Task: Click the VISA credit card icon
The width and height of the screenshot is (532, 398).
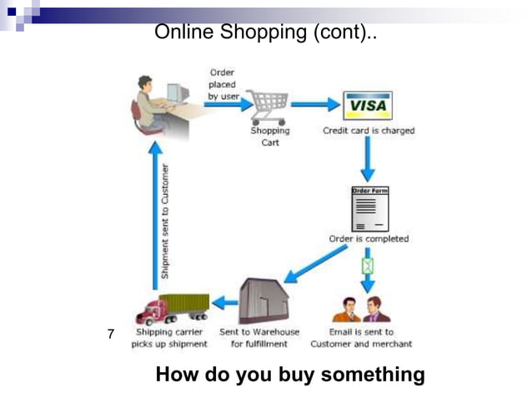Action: pyautogui.click(x=367, y=106)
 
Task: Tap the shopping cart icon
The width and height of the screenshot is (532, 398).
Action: pyautogui.click(x=269, y=106)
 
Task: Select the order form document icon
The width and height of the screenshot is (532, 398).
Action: pyautogui.click(x=369, y=209)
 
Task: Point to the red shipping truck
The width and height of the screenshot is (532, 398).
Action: pyautogui.click(x=173, y=309)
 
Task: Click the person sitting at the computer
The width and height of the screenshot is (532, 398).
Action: pyautogui.click(x=153, y=103)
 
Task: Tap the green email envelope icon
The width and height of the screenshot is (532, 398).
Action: pyautogui.click(x=368, y=266)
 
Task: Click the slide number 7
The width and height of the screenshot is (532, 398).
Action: pyautogui.click(x=110, y=335)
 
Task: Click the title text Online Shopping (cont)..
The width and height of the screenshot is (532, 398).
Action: pyautogui.click(x=266, y=32)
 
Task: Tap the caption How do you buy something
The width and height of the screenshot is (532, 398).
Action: pyautogui.click(x=290, y=375)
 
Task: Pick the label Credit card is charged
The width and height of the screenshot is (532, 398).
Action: pyautogui.click(x=369, y=131)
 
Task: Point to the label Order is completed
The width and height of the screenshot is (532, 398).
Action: pyautogui.click(x=369, y=239)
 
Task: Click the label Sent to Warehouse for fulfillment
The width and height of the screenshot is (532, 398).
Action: pyautogui.click(x=259, y=338)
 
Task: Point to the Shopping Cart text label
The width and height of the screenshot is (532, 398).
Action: pyautogui.click(x=270, y=137)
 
